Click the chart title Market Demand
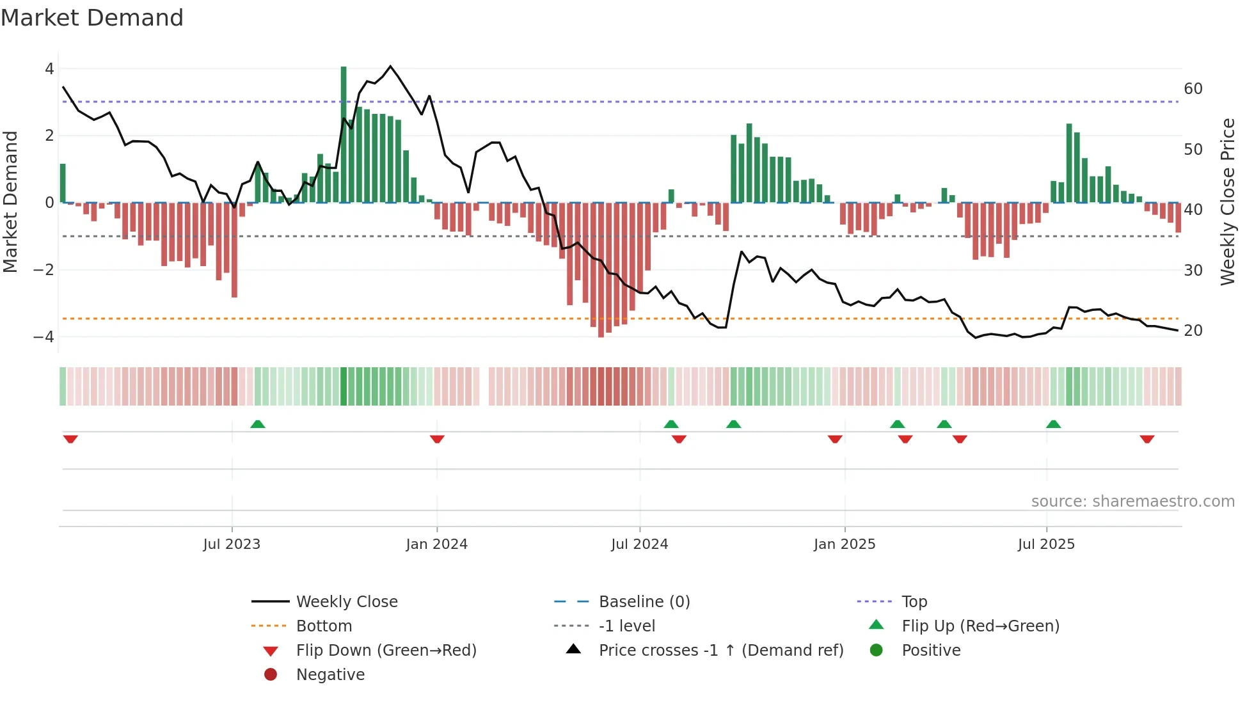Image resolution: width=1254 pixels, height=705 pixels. point(92,18)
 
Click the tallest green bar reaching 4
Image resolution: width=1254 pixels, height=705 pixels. point(344,134)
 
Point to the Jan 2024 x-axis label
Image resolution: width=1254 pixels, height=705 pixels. point(436,544)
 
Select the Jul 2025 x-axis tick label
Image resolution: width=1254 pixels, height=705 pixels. point(1046,544)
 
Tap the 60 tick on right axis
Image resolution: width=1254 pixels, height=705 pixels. point(1193,89)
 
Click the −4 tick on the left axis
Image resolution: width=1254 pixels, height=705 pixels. point(44,337)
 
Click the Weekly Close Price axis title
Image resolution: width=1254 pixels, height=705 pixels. point(1227,202)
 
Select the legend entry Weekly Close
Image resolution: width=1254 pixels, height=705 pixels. point(346,602)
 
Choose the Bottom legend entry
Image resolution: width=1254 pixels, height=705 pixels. point(324,626)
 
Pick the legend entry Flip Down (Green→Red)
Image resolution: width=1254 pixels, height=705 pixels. point(386,651)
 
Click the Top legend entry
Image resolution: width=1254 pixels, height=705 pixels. point(914,602)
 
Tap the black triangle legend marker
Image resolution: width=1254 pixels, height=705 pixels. point(573,649)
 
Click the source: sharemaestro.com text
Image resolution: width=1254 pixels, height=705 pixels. point(1132,502)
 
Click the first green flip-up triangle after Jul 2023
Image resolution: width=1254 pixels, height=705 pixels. point(258,424)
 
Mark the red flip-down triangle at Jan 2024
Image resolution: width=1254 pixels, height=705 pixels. point(437,439)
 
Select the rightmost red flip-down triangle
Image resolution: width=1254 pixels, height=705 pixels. point(1147,439)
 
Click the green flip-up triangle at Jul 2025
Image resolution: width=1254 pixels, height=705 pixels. point(1053,424)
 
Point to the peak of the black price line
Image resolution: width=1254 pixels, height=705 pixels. point(390,67)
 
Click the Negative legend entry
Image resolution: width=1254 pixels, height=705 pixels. point(330,675)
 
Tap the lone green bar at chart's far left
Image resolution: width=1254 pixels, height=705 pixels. point(63,184)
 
